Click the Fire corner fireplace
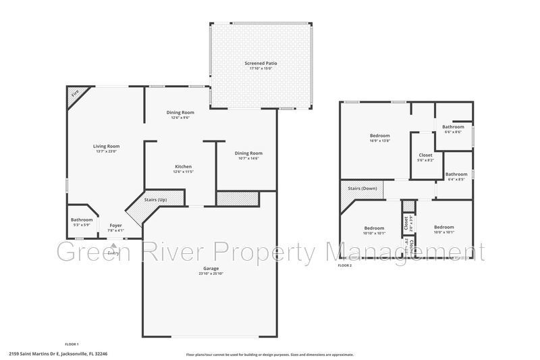tap(74, 93)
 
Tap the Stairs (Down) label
tap(362, 188)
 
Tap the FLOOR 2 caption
tap(344, 265)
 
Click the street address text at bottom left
tap(58, 353)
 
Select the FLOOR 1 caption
tap(72, 344)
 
